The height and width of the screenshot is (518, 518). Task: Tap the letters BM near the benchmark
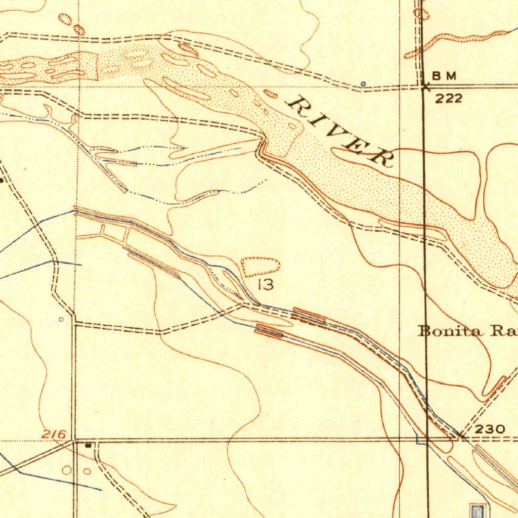pos(445,76)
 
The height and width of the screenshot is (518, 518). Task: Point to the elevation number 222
pos(449,98)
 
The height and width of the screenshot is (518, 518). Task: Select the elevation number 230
pos(490,429)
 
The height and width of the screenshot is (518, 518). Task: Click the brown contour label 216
pos(54,434)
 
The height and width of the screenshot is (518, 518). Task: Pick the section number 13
pos(266,285)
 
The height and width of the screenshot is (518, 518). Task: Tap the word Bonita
pos(448,331)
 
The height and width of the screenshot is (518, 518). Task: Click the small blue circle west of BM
pos(363,83)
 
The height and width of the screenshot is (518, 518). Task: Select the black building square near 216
pos(89,446)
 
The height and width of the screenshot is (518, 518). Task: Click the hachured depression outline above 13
pos(261,266)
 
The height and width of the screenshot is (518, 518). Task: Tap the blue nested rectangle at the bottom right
pos(477,511)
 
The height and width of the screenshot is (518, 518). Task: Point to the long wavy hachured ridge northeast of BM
pos(455,42)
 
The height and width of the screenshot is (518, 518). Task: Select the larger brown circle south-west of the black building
pos(67,470)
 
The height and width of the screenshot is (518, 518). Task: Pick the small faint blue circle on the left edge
pos(61,319)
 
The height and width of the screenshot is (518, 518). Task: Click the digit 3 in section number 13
pos(269,285)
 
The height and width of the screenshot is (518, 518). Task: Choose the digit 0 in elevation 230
pos(499,429)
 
